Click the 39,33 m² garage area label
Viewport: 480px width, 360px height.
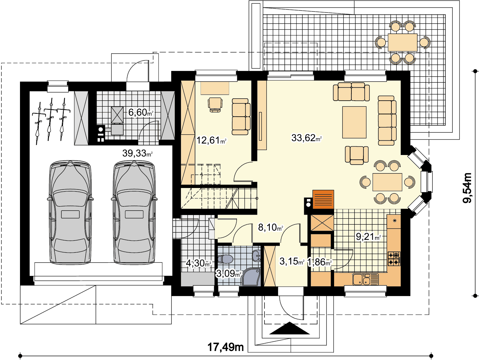(x=137, y=153)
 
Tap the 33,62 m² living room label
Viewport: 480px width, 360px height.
(x=306, y=138)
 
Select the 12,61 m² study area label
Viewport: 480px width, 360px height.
(x=212, y=140)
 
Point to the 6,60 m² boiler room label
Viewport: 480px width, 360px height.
(x=141, y=112)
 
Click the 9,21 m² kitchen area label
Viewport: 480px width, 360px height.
(x=369, y=236)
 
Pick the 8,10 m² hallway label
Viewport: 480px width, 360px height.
(x=271, y=227)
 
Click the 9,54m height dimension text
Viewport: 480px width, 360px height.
(x=467, y=188)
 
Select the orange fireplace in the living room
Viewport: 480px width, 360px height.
(x=323, y=199)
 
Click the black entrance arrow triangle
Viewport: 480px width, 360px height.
(x=289, y=329)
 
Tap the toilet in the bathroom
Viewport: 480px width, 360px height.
(x=226, y=259)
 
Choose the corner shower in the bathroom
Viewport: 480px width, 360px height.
(x=251, y=277)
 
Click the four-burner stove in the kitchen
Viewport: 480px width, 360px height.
(x=394, y=259)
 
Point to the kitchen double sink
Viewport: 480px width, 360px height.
(x=365, y=279)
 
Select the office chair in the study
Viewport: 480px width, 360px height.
(x=215, y=105)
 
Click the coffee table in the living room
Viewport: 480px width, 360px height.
(x=354, y=122)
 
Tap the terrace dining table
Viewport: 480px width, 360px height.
(x=403, y=42)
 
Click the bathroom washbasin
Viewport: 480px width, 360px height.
(x=256, y=256)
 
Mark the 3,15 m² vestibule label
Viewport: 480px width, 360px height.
(x=292, y=261)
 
